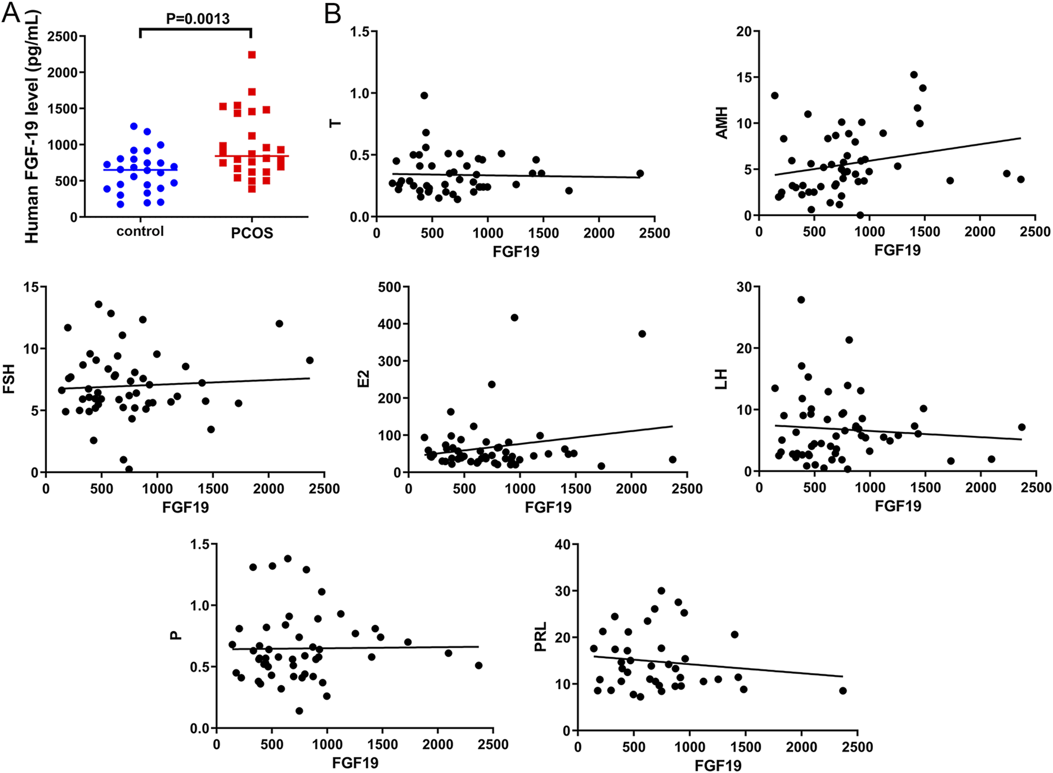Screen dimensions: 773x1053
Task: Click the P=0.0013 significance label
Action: [197, 18]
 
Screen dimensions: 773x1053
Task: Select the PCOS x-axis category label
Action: [252, 233]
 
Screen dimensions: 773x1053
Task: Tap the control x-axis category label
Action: [140, 231]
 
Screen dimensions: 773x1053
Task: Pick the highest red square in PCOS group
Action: [252, 55]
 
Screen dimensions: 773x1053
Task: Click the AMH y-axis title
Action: [722, 123]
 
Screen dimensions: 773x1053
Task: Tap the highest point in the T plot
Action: [424, 95]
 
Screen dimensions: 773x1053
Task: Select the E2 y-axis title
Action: [363, 378]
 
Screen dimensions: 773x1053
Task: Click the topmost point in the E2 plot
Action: [515, 318]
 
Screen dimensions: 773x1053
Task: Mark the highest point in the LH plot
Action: [801, 300]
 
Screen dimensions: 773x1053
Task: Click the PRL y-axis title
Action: [541, 637]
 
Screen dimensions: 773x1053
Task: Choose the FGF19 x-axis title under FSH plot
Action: [185, 507]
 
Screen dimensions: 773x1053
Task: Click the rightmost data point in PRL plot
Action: [843, 690]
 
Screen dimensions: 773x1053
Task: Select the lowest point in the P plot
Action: [299, 711]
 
